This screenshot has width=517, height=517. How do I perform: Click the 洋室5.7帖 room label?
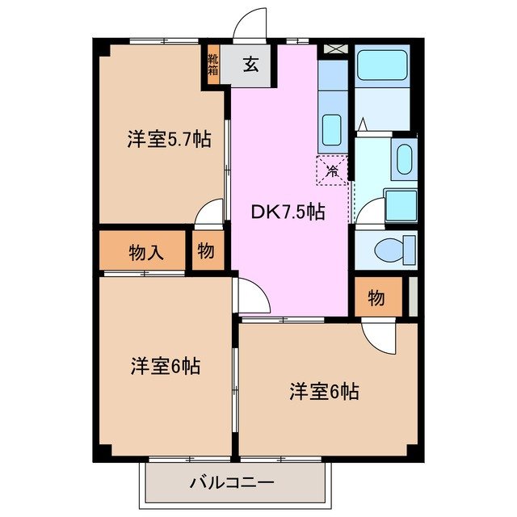(x=169, y=139)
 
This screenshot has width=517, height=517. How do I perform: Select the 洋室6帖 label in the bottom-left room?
(x=166, y=365)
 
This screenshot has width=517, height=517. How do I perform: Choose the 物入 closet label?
(x=145, y=252)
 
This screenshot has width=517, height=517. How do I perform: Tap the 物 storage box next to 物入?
(x=206, y=252)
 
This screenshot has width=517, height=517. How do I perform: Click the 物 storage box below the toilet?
(x=376, y=297)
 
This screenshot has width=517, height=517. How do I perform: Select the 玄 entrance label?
(x=252, y=65)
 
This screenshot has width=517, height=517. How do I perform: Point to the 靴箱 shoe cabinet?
(x=213, y=64)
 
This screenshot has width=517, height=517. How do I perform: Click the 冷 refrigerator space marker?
(x=331, y=170)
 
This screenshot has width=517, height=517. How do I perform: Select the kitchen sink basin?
(x=331, y=128)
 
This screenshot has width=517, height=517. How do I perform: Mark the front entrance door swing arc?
(x=251, y=24)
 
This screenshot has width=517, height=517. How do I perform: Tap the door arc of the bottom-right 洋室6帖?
(x=376, y=334)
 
